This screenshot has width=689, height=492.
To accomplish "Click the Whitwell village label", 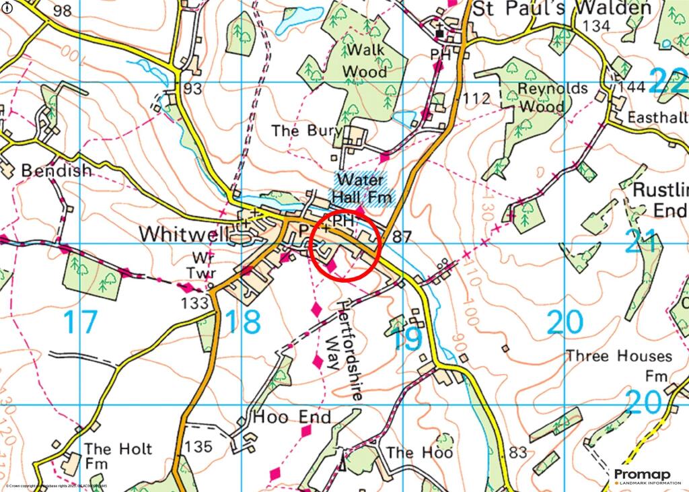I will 180,234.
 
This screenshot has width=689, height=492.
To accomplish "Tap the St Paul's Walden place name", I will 561,9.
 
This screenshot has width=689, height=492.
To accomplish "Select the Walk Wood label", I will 365,61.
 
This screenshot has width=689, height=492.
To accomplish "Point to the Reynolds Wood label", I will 542,98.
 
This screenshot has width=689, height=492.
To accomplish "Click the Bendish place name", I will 57,171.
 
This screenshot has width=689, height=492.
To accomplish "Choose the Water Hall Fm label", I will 364,188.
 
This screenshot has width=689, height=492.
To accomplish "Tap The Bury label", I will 307,131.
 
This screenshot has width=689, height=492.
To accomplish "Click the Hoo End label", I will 291,418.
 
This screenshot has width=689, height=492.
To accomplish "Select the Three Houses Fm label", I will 620,364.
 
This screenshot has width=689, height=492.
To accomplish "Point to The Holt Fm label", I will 118,456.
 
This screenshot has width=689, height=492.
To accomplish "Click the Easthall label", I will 657,117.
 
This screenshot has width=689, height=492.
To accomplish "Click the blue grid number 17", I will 80,322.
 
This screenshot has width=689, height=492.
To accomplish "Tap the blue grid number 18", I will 242,322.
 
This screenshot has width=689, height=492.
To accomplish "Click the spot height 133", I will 194,304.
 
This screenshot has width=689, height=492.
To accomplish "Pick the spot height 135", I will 198,446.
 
